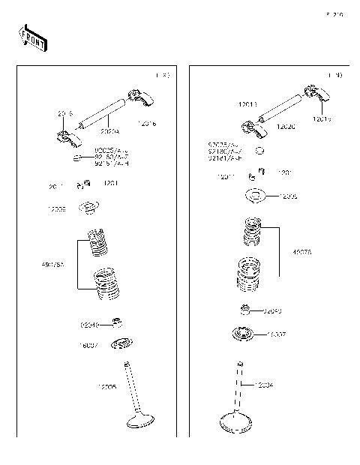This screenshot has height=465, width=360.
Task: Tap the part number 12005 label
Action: click(x=108, y=387)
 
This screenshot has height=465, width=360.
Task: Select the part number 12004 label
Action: click(x=263, y=385)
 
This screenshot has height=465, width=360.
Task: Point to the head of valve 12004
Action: click(x=238, y=424)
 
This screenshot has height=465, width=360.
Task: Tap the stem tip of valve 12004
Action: click(x=239, y=364)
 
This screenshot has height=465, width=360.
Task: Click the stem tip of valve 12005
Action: click(x=129, y=366)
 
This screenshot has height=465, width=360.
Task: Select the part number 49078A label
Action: click(x=52, y=265)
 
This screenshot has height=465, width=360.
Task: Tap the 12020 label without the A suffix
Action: click(x=285, y=127)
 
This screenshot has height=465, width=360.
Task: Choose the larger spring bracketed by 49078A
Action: click(x=104, y=284)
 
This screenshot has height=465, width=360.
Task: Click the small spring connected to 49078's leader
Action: click(x=253, y=230)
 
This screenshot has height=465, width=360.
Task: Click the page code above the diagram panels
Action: click(x=334, y=14)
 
